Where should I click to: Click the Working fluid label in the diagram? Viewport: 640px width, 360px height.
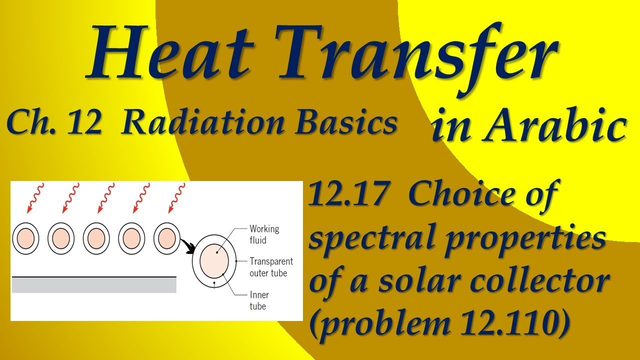click(264, 234)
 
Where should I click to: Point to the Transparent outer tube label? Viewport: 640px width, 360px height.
click(271, 267)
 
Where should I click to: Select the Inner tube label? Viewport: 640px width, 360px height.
click(258, 300)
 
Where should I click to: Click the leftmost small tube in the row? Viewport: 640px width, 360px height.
click(25, 238)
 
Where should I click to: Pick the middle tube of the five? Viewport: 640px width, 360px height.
click(96, 238)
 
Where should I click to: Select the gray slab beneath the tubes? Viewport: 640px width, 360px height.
click(94, 285)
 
